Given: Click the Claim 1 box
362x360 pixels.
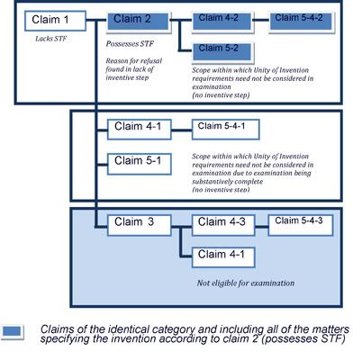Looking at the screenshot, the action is point(55,21).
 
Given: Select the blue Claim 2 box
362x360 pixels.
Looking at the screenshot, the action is point(139,22).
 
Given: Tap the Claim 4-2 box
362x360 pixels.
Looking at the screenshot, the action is point(222,22).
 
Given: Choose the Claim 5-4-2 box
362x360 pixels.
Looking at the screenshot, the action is point(302,22).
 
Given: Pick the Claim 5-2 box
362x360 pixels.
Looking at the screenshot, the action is point(222,52).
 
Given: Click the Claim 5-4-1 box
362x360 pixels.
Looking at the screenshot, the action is point(226,130).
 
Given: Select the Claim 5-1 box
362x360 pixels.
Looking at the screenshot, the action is point(140,164).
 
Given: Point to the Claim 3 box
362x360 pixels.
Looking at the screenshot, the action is point(140,225).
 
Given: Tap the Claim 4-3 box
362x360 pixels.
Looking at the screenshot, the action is point(223,225).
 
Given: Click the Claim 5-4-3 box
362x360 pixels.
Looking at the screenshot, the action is point(301,225).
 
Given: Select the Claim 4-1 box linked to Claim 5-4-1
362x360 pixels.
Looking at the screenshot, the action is point(140,130).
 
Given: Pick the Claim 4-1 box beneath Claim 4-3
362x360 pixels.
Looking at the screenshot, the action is point(223,257).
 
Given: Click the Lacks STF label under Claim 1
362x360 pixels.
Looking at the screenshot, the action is point(50,39).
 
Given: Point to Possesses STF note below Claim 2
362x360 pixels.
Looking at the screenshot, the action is point(130,44).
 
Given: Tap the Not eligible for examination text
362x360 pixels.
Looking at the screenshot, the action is point(246,283).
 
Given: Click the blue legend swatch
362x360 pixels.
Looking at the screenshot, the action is point(12,332).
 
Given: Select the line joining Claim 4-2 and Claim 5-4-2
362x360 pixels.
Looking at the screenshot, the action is point(261,21).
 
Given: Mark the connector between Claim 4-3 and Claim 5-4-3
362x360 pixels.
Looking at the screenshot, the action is point(261,227).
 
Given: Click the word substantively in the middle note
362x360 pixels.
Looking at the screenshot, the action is point(209,182).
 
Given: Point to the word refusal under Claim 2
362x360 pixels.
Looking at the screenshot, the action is point(151,61).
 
